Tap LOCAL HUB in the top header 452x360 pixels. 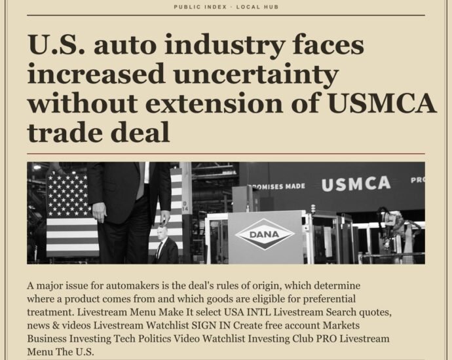257,7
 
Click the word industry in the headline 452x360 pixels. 225,46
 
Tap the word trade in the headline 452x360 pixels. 66,132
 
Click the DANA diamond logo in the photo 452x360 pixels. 265,234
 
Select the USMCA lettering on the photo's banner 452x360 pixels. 356,183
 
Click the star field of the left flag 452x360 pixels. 67,195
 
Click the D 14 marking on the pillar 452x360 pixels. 185,206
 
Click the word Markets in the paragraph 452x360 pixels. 341,325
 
